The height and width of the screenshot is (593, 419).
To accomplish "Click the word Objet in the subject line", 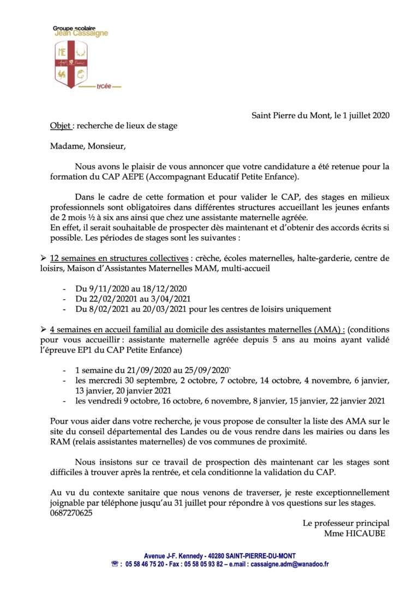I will click(x=60, y=126).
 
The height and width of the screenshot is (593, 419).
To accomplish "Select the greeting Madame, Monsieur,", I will click(x=88, y=146).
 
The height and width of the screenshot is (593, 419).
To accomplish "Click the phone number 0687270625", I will click(x=71, y=513).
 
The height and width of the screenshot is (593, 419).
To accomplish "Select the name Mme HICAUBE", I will click(x=355, y=533).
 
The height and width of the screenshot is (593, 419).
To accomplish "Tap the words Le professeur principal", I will click(x=346, y=523).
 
